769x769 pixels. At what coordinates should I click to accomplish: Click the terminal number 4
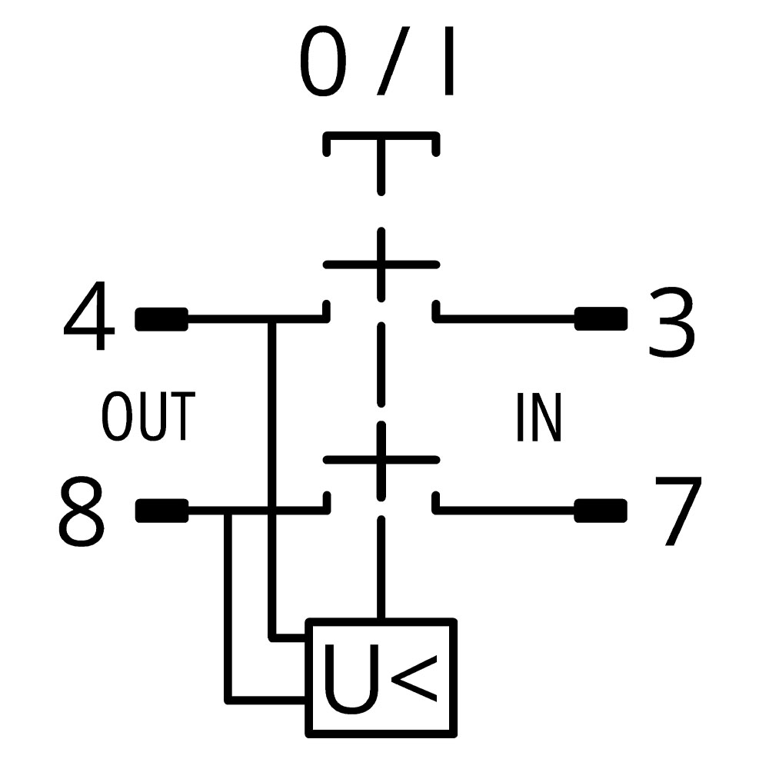pos(89,316)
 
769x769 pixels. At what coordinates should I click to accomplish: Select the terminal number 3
pos(672,322)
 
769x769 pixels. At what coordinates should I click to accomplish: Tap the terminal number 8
pos(82,511)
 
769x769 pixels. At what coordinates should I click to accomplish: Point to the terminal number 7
pos(678,511)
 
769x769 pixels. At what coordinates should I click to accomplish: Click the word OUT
pos(148,416)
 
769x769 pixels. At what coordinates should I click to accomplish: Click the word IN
pos(538,418)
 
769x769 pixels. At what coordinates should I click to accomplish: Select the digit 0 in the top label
pos(323,61)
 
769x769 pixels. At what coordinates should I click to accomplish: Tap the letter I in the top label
pos(448,61)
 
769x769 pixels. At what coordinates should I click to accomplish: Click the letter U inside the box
pos(351,679)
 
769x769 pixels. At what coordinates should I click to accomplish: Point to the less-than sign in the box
pos(414,679)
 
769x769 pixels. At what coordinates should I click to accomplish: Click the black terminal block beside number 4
pos(161,319)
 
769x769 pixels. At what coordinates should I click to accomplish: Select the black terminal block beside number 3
pos(601,319)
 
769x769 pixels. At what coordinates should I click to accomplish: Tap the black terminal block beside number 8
pos(161,511)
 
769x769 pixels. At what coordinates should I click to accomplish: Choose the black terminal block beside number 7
pos(601,511)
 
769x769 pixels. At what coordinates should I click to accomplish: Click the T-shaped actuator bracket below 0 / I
pos(381,136)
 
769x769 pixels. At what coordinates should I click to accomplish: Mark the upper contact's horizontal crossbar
pos(381,265)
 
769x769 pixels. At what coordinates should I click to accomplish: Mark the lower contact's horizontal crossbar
pos(381,460)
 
